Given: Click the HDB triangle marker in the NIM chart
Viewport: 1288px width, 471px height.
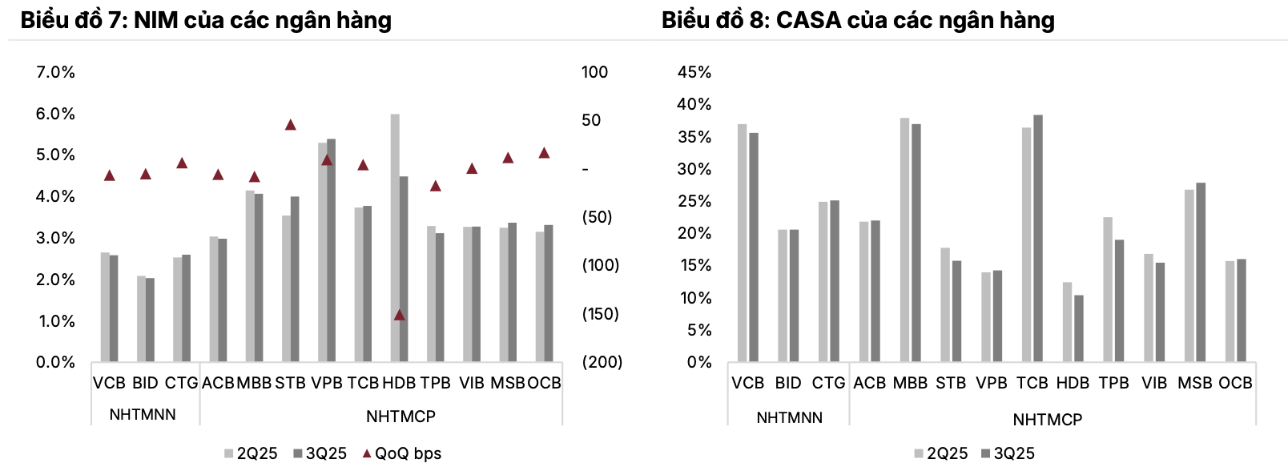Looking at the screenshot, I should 399,315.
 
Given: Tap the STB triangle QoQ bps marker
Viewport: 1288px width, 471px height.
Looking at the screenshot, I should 291,125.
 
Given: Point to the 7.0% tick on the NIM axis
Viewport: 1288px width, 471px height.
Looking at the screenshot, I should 55,72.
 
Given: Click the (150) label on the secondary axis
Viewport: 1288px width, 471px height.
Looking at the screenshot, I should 601,313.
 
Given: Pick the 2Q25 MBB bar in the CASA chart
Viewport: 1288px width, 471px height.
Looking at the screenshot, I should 904,240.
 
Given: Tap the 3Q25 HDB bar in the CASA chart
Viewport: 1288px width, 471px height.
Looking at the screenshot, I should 1079,328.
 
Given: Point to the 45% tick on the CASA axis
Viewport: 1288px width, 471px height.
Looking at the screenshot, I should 694,72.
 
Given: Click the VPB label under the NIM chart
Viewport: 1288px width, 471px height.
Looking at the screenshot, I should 327,383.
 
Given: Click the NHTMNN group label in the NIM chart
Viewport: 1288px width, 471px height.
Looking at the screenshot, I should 143,415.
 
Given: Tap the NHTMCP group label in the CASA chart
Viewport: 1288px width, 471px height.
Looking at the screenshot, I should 1048,420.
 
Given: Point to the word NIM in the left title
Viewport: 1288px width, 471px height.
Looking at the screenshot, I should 156,20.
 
